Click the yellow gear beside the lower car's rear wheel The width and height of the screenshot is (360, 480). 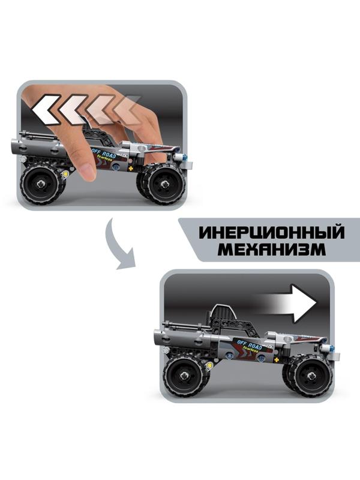(209, 364)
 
